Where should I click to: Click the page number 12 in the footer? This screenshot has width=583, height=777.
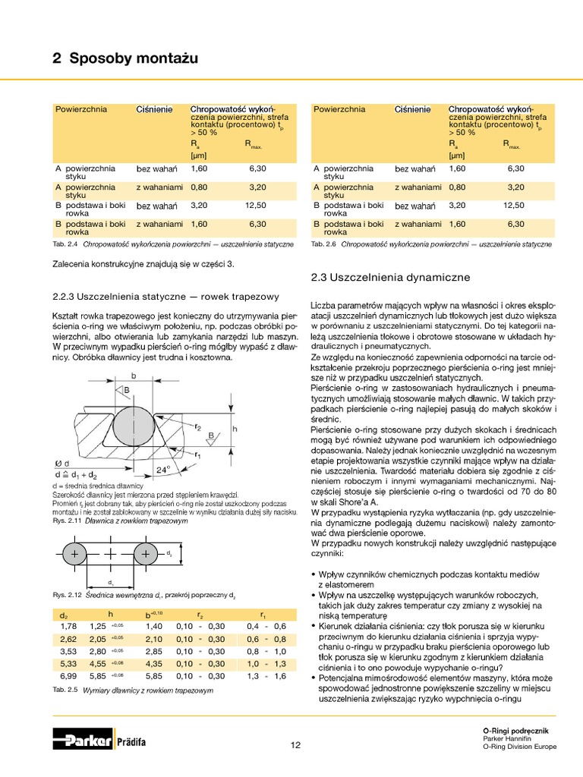295,744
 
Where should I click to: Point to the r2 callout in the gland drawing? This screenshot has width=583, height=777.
199,426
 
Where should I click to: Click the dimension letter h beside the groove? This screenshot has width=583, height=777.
235,429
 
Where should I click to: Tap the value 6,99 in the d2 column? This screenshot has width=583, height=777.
68,675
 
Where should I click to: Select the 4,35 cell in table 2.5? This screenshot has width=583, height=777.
154,662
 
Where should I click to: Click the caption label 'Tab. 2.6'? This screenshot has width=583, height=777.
323,244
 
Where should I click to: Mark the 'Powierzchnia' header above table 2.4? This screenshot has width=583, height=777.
81,109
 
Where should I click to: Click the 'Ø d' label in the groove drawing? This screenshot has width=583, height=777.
63,463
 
